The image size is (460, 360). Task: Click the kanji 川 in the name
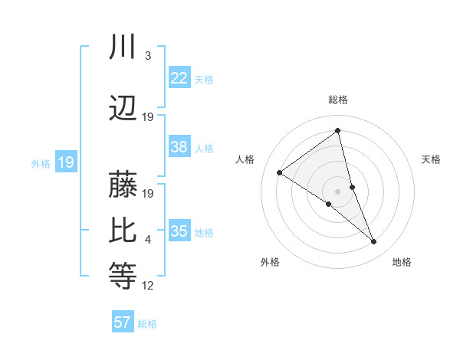(x=123, y=47)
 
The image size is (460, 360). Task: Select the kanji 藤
(x=123, y=185)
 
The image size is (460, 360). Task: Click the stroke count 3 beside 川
(x=147, y=56)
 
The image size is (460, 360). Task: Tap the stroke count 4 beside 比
(x=147, y=240)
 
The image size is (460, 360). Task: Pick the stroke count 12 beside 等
(x=148, y=286)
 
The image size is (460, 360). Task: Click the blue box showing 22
(x=179, y=78)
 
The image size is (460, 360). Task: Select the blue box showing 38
(x=179, y=147)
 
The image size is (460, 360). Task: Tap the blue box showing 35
(x=179, y=231)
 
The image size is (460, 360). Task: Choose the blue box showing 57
(x=123, y=322)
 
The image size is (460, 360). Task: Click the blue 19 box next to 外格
(x=65, y=162)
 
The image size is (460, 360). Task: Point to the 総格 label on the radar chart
(x=338, y=100)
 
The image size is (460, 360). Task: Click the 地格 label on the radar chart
(x=402, y=262)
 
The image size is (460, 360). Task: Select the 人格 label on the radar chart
(x=245, y=159)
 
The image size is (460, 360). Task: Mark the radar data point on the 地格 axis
(x=373, y=242)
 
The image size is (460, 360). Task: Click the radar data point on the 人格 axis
(x=280, y=172)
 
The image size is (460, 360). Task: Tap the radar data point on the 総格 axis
(x=338, y=130)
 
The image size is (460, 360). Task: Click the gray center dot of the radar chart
(x=338, y=191)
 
